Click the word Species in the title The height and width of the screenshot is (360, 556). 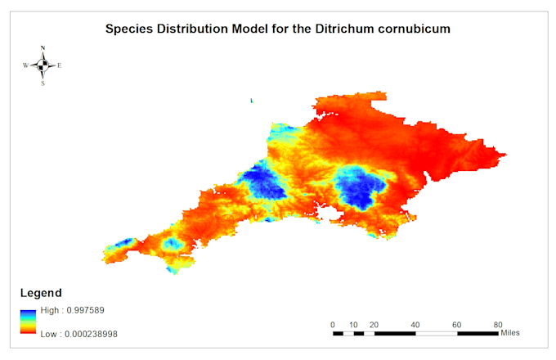[130, 29]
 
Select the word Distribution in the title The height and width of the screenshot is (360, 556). [195, 29]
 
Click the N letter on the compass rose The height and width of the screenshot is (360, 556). [43, 48]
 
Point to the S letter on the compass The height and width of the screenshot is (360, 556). [43, 83]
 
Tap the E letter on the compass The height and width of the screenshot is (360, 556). [60, 65]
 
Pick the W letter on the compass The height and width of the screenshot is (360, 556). [25, 65]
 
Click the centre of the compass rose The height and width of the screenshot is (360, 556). [43, 65]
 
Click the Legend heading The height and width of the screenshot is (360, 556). [40, 292]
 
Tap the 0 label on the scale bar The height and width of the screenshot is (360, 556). [334, 324]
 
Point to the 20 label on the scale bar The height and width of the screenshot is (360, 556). [374, 324]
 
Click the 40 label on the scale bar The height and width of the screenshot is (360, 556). [415, 324]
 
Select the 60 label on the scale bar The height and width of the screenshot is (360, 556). [457, 324]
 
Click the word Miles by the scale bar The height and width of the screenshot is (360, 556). [510, 333]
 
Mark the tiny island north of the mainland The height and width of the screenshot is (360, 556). [252, 101]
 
